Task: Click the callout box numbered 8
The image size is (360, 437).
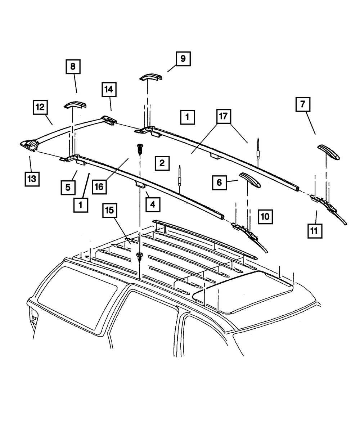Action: pyautogui.click(x=73, y=67)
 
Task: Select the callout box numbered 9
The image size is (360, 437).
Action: pyautogui.click(x=183, y=59)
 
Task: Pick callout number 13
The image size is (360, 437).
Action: pyautogui.click(x=32, y=179)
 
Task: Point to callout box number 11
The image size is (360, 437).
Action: pyautogui.click(x=315, y=231)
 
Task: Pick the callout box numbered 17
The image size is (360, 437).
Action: pyautogui.click(x=224, y=117)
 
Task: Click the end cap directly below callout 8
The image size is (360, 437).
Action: pyautogui.click(x=75, y=104)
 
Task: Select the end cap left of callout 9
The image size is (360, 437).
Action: pyautogui.click(x=151, y=77)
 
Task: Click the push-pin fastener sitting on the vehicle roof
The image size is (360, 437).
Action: pyautogui.click(x=139, y=258)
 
